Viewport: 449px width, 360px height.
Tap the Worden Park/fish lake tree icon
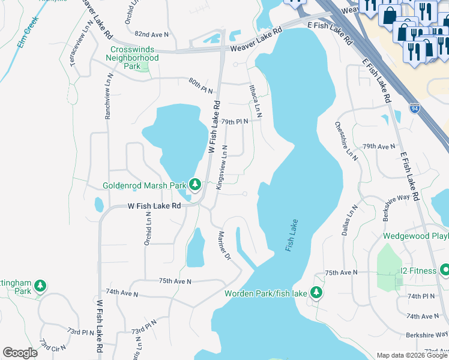[x=316, y=293]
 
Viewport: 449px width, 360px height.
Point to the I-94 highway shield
[x=415, y=108]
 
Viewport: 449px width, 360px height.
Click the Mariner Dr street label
[x=224, y=246]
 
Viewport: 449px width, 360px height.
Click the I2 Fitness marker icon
[x=444, y=271]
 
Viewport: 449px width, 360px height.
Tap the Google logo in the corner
[x=20, y=353]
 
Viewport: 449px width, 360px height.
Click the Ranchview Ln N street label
[x=109, y=98]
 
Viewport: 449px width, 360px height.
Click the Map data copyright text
[x=411, y=355]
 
